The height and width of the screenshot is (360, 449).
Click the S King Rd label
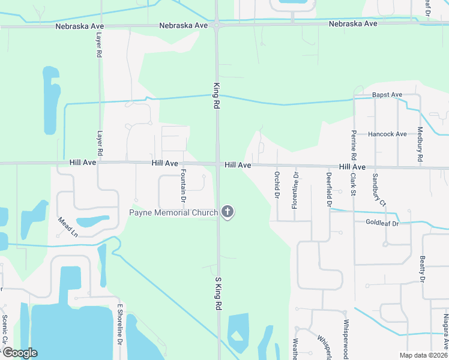(218, 293)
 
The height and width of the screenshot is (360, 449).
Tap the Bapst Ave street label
(387, 95)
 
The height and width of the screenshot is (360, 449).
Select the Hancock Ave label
(387, 134)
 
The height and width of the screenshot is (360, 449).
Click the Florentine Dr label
(295, 190)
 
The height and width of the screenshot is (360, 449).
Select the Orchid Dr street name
(277, 185)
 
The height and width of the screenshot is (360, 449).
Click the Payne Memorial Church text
(174, 212)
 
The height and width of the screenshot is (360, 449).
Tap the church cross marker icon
(228, 212)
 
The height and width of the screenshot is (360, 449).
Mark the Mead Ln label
(68, 227)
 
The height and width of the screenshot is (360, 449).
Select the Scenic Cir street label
(4, 330)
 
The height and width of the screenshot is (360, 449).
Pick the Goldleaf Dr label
(382, 222)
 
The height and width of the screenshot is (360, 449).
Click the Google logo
(19, 353)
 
